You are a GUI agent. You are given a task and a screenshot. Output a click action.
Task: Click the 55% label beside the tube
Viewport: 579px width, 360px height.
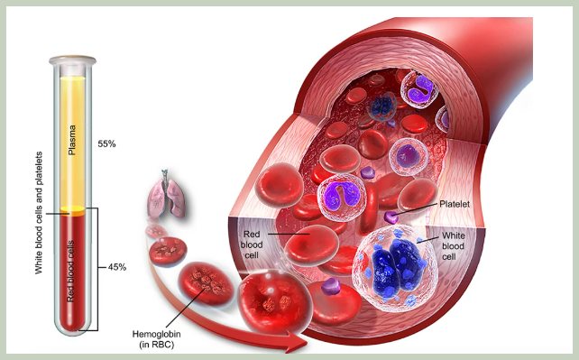point(106,144)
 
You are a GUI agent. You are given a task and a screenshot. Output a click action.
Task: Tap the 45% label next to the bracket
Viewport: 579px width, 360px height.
point(117,267)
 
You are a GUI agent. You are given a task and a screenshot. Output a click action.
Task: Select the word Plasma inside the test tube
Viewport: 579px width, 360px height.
point(72,141)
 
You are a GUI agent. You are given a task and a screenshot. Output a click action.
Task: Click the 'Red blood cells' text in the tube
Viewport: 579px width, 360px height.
point(70,272)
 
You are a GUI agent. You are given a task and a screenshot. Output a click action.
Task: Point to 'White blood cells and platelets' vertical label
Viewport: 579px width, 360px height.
point(39,213)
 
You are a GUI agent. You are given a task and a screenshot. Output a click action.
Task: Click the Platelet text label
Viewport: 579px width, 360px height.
point(455,204)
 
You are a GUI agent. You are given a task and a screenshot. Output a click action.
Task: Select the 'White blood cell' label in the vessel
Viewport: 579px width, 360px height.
point(453,246)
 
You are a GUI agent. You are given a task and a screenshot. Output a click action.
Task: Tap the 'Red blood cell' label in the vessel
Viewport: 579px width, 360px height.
point(252,245)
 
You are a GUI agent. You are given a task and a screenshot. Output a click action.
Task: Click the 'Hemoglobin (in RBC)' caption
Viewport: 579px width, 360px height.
point(157,339)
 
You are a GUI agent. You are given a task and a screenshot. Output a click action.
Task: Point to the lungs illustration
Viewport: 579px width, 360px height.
point(166,195)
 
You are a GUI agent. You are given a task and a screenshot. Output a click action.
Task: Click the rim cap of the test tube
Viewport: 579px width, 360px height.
point(73,60)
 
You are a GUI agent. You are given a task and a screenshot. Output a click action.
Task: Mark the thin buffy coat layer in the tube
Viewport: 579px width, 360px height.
point(73,211)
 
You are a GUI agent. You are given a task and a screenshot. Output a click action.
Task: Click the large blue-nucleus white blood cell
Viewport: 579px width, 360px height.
point(395,267)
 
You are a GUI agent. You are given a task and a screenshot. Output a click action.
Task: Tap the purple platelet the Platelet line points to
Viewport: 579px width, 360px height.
point(391,217)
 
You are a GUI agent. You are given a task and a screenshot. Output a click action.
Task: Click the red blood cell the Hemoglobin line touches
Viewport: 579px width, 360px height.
point(206,283)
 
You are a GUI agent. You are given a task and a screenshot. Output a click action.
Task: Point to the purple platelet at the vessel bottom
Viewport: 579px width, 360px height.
point(331,286)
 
